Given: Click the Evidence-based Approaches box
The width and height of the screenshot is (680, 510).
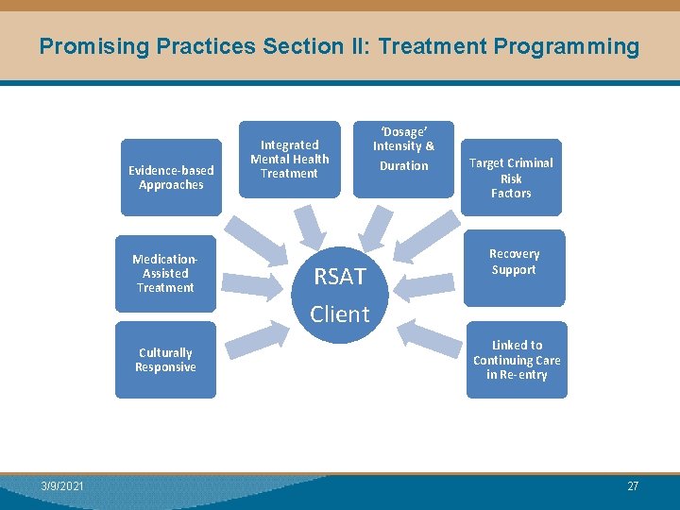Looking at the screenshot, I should coord(171,178).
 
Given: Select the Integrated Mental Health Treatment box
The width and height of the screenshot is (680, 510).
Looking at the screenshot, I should coord(289,159).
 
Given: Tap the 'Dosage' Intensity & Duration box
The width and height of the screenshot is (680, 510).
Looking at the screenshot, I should coord(403,156).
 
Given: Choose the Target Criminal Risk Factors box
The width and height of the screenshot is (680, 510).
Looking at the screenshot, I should coord(511,178).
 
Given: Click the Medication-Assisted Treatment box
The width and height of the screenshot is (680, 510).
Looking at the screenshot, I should coord(165,274).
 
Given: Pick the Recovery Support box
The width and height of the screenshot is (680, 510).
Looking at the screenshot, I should coord(514,266).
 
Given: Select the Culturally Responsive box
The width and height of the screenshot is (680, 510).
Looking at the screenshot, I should coord(165,360).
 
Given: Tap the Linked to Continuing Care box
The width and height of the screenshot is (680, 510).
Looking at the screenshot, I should coord(517,360).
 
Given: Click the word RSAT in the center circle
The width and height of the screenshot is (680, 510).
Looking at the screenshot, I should coord(339,277).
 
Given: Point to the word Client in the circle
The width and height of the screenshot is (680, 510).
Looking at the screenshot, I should coord(340,314).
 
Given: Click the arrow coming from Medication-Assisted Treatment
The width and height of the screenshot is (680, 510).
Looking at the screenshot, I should coord(253,283).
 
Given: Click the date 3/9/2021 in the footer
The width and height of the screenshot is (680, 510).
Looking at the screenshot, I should coord(62,486).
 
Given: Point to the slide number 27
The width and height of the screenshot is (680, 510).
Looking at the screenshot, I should coord(633,486).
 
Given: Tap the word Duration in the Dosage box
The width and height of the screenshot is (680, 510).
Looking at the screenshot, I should coord(403,166).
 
